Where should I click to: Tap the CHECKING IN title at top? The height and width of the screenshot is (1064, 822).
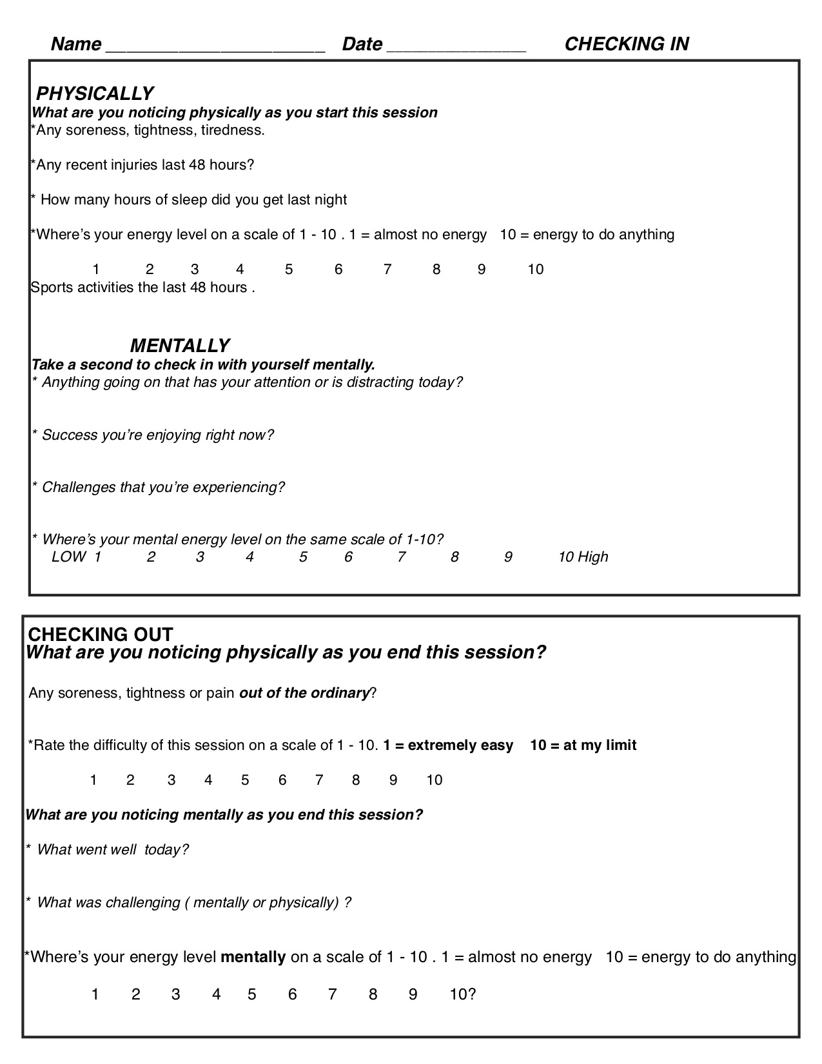627,44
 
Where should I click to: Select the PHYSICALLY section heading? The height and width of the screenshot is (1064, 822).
94,94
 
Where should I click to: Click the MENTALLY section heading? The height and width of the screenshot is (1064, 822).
180,346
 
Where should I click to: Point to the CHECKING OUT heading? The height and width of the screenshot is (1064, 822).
101,634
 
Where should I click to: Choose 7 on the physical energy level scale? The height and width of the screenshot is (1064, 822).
387,270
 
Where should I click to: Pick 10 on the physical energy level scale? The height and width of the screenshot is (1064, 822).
536,270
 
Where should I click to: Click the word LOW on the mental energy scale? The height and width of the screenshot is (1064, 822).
68,557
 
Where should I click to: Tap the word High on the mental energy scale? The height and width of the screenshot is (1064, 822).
593,557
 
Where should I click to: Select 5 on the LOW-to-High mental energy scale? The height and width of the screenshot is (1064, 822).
303,557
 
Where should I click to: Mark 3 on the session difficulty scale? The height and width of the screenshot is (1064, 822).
171,780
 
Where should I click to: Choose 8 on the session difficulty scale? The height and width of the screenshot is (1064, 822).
356,780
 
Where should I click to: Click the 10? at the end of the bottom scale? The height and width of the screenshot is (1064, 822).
462,994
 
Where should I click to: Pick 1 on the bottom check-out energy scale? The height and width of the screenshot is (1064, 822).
95,994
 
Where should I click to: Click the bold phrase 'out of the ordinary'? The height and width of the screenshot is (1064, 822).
304,693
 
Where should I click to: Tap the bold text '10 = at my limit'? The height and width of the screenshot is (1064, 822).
583,745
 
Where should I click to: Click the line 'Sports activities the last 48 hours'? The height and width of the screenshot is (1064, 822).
142,288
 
